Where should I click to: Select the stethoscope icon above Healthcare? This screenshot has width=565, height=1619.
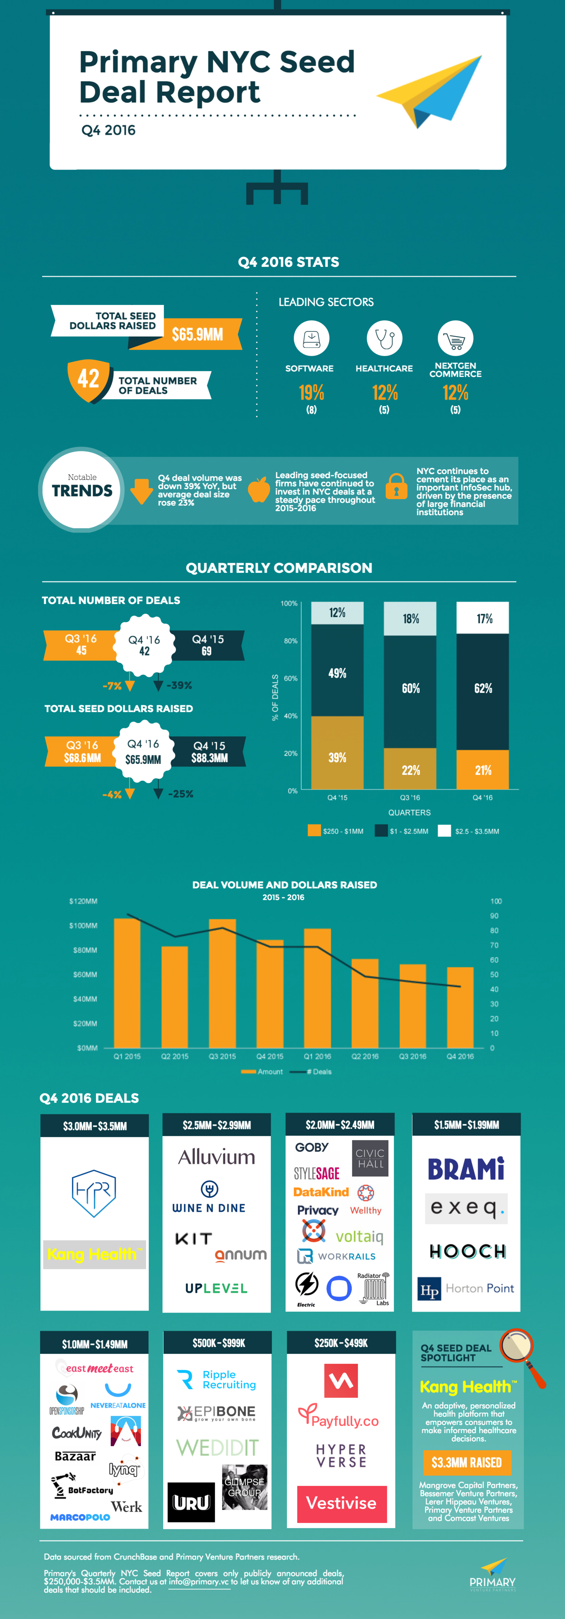click(x=384, y=338)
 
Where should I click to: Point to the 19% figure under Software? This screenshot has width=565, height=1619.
click(x=311, y=393)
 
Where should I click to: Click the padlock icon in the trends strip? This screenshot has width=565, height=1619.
click(x=396, y=487)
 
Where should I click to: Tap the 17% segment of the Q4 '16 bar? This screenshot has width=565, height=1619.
click(x=483, y=618)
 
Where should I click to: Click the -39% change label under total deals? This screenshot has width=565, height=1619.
click(x=179, y=685)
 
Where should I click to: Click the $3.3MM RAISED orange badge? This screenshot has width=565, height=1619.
click(x=466, y=1463)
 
